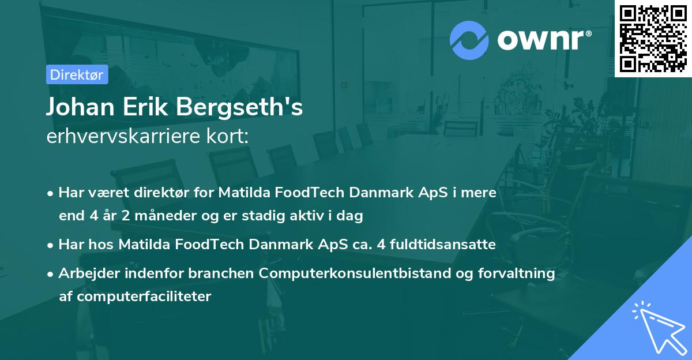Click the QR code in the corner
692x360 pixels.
tap(653, 39)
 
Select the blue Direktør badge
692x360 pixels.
tap(77, 74)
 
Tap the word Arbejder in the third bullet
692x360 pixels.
tap(85, 273)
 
